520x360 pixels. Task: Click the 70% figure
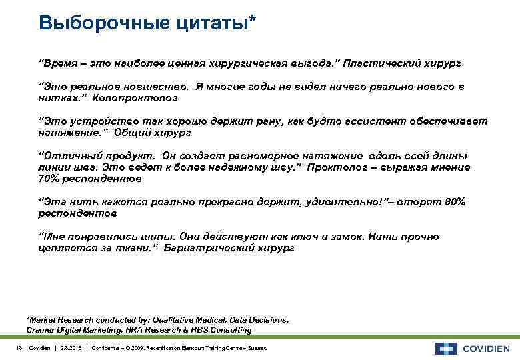click(x=49, y=179)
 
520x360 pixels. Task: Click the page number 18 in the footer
click(x=18, y=348)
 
